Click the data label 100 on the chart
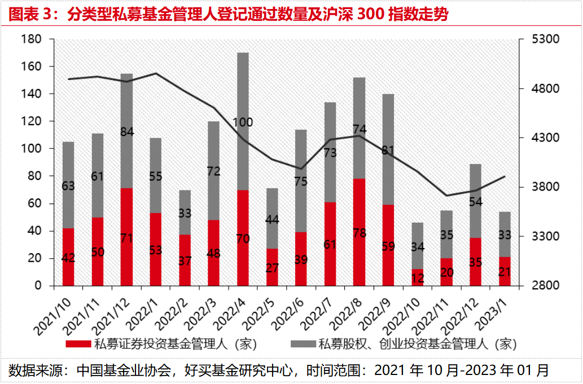[243, 122]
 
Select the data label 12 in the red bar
[418, 277]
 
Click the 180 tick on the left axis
[30, 39]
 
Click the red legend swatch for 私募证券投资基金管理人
[77, 343]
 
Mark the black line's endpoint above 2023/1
[505, 176]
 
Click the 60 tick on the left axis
[34, 203]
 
